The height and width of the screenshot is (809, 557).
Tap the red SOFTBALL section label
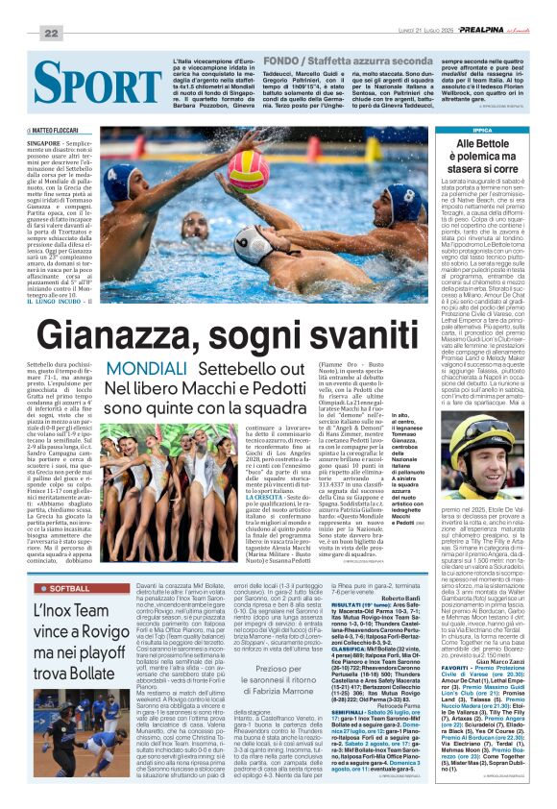pyautogui.click(x=69, y=587)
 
